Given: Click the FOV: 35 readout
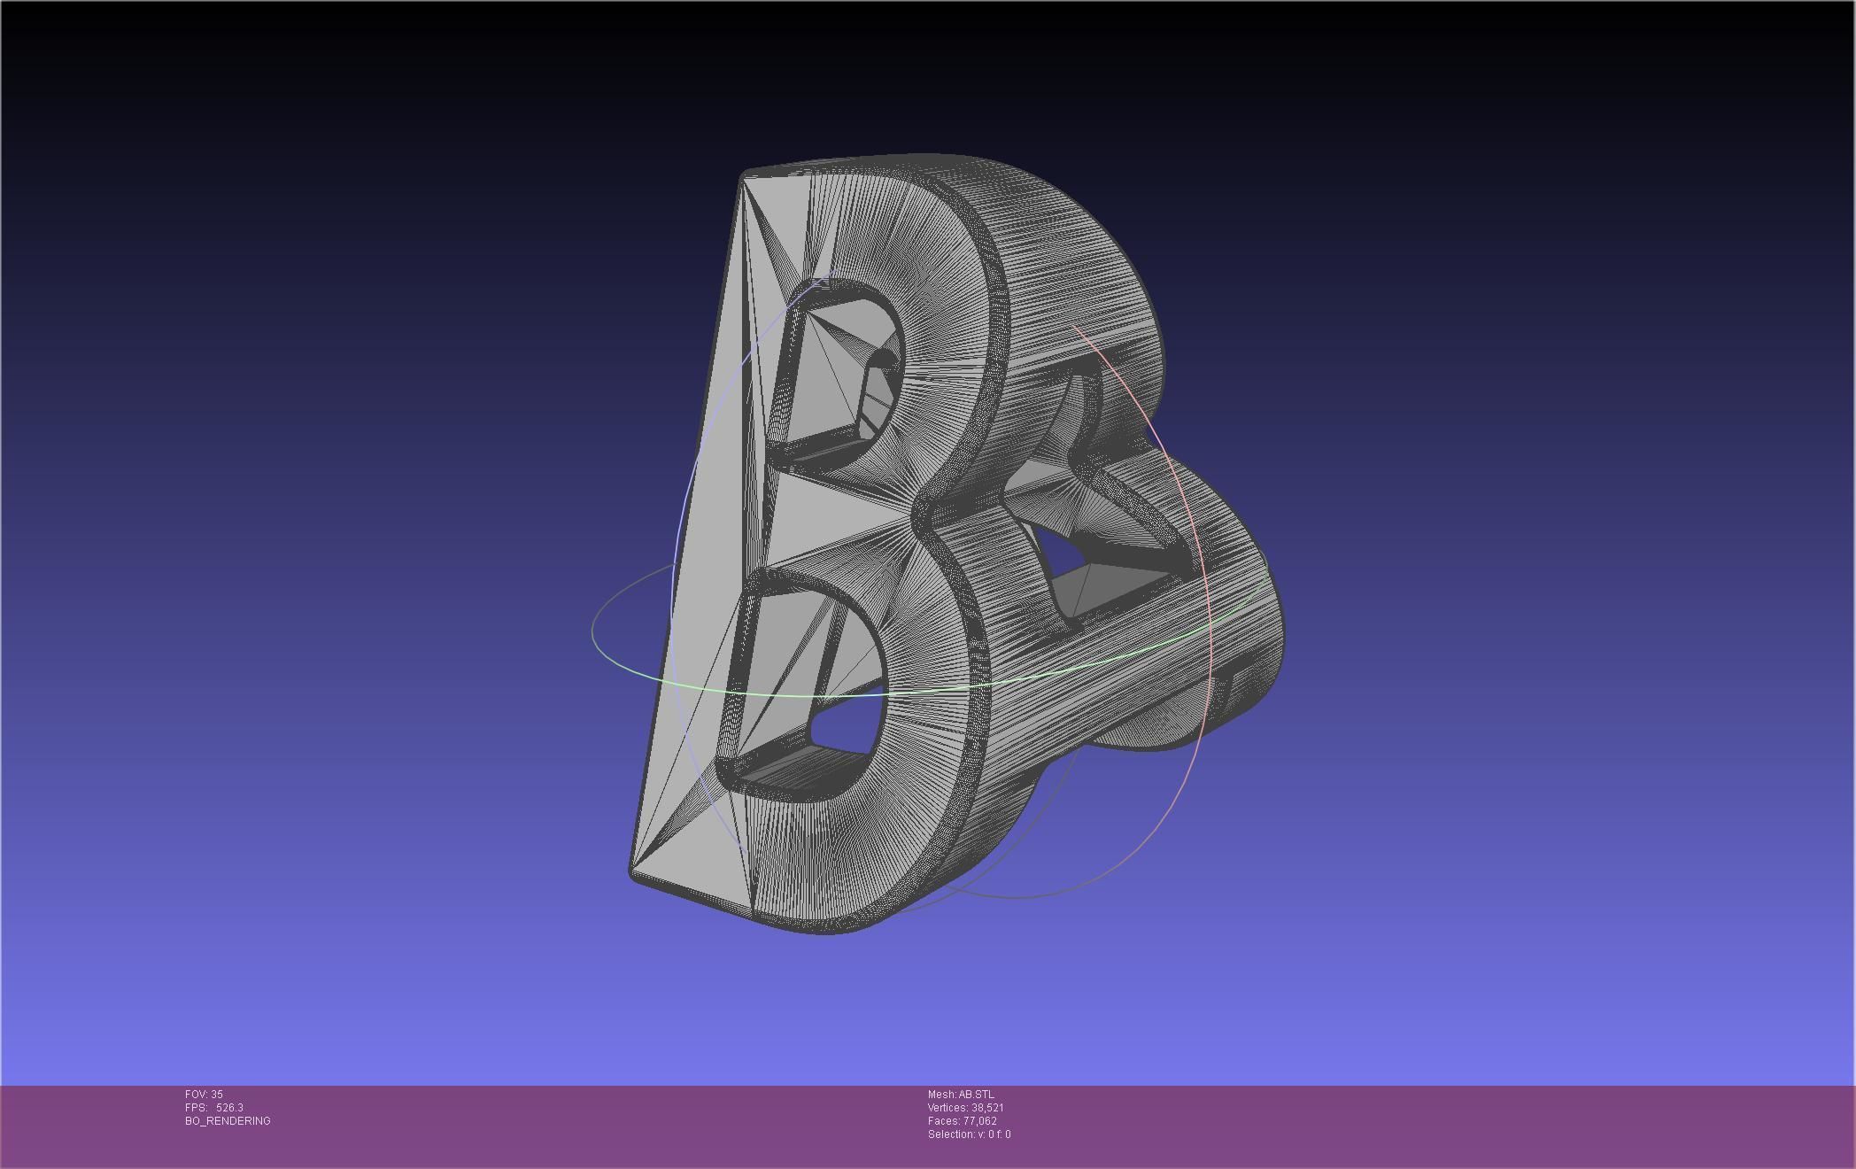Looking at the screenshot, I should pos(204,1095).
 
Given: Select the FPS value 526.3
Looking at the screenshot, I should pos(229,1108).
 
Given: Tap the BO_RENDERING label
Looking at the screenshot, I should pos(228,1121).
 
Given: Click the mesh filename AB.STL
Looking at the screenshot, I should pos(976,1095).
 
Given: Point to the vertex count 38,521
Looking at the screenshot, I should pos(987,1108).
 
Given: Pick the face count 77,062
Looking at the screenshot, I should pos(979,1121).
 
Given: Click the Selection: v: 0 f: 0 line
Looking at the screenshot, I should pos(969,1134).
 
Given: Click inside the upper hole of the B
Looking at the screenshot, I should pos(837,372).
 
